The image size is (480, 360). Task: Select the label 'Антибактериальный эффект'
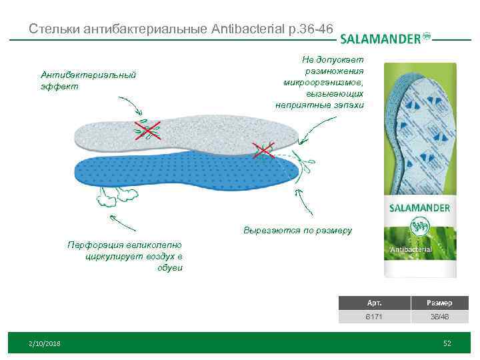point(88,80)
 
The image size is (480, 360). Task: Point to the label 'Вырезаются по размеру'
point(297,231)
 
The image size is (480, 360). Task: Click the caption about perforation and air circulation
point(125,256)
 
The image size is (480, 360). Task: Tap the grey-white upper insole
point(193,134)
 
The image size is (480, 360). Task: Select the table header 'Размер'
point(440,303)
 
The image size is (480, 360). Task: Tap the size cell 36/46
point(440,317)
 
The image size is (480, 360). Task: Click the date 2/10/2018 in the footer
point(45,343)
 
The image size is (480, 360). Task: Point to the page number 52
point(447,343)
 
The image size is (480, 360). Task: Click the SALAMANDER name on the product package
point(421,208)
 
